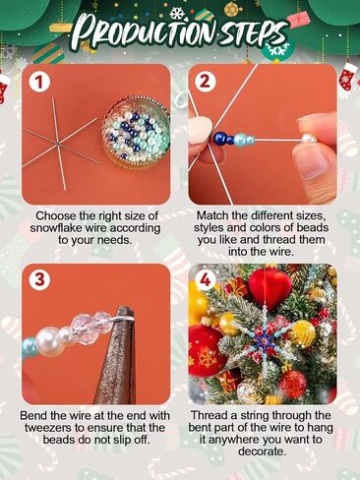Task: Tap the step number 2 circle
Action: pyautogui.click(x=205, y=84)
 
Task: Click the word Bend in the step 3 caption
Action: pyautogui.click(x=34, y=415)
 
